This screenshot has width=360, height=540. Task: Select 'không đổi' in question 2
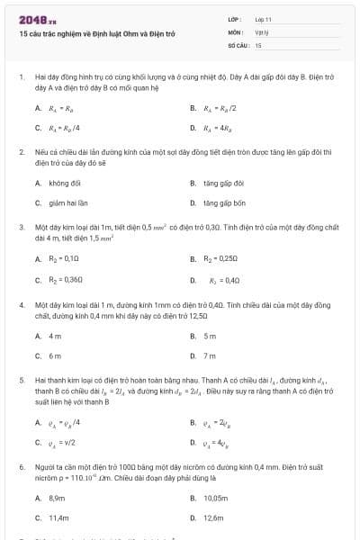[57, 183]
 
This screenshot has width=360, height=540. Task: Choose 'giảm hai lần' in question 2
[61, 202]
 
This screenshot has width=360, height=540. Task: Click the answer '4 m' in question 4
[55, 336]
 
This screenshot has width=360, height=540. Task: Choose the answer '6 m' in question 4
[55, 355]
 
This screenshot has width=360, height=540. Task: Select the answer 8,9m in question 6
[58, 498]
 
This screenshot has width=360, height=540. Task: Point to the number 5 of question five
[22, 381]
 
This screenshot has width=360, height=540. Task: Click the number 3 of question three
[22, 227]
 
